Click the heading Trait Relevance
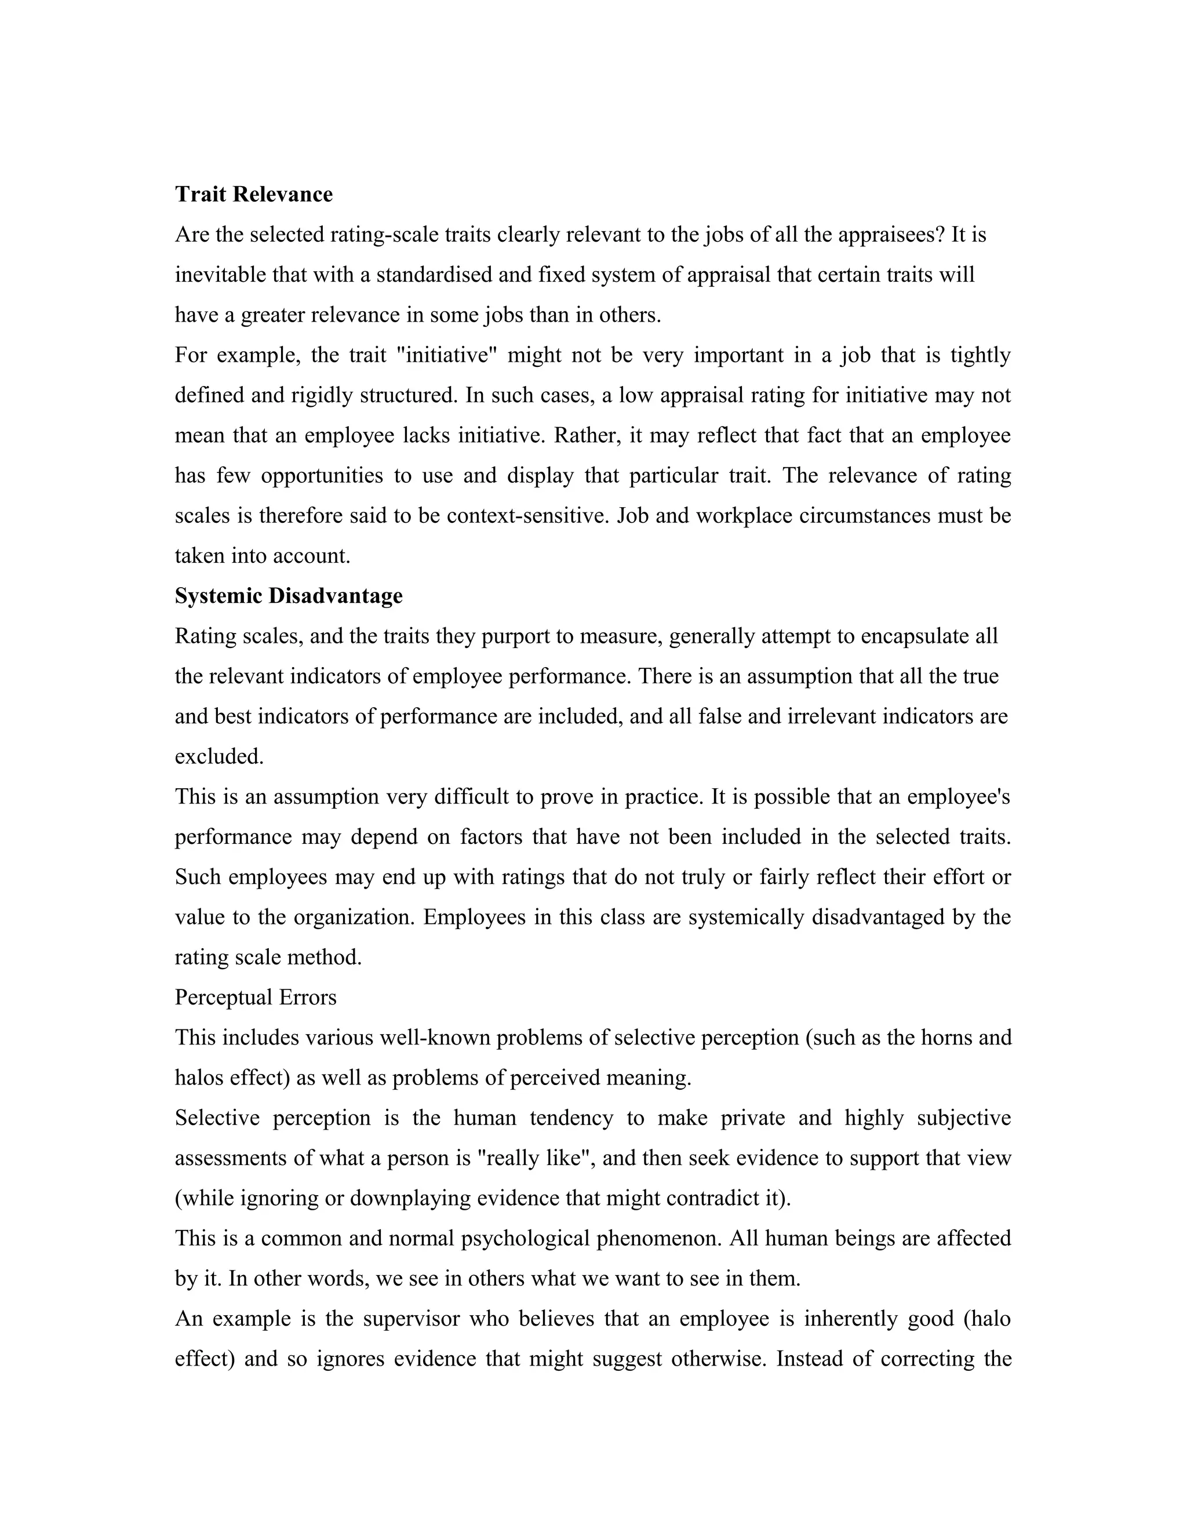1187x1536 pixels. click(253, 194)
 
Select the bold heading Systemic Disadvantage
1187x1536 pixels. click(288, 596)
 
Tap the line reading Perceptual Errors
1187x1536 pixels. click(255, 998)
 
